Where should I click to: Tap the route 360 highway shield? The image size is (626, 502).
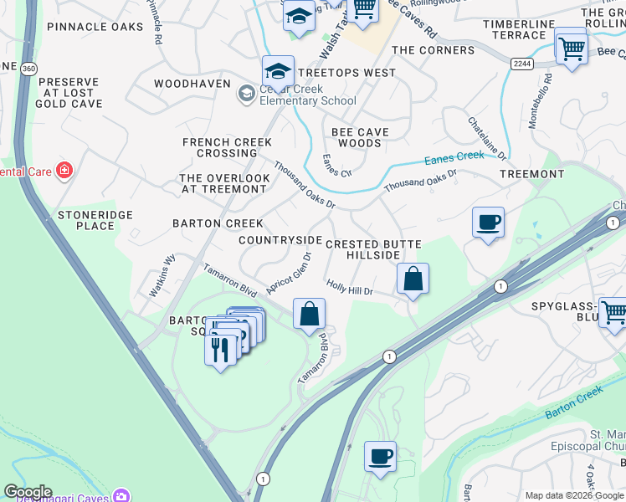coord(30,68)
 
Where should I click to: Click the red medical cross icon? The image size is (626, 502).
coord(64,172)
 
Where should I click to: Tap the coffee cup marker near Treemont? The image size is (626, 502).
coord(488,223)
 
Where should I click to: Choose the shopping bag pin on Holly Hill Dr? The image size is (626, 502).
coord(413,279)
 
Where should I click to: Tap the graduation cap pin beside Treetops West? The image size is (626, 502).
coord(279,71)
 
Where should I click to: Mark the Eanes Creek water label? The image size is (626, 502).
coord(454,156)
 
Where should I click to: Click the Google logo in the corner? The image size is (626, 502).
coord(27,492)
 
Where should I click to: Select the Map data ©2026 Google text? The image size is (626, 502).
coord(573,495)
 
